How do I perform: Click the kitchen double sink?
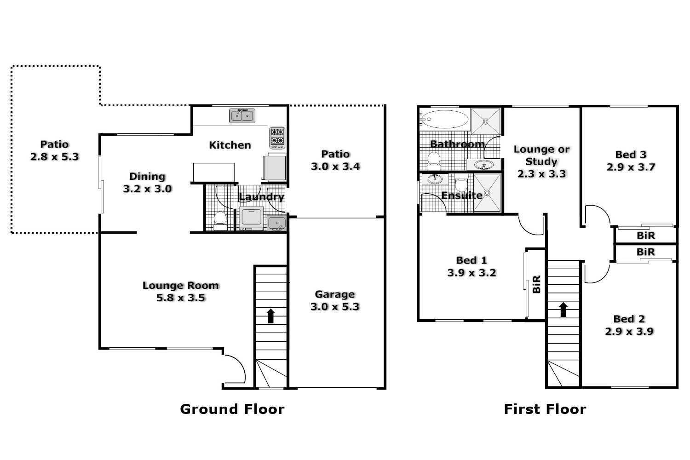pyautogui.click(x=242, y=116)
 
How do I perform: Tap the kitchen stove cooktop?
pyautogui.click(x=277, y=138)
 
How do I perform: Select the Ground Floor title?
pyautogui.click(x=232, y=409)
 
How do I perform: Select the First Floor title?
pyautogui.click(x=545, y=409)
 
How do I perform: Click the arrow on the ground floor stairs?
pyautogui.click(x=271, y=316)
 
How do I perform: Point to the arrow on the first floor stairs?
pyautogui.click(x=563, y=310)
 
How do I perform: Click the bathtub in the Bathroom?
pyautogui.click(x=444, y=119)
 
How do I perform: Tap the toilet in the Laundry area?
pyautogui.click(x=220, y=220)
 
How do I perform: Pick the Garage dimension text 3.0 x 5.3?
pyautogui.click(x=335, y=307)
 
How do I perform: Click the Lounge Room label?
pyautogui.click(x=180, y=285)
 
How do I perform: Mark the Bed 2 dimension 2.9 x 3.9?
pyautogui.click(x=629, y=331)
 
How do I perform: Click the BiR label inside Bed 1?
pyautogui.click(x=536, y=284)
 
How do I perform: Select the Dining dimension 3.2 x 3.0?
pyautogui.click(x=147, y=189)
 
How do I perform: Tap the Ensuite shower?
pyautogui.click(x=487, y=193)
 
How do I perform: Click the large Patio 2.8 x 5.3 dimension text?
pyautogui.click(x=54, y=157)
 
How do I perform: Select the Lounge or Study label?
pyautogui.click(x=541, y=155)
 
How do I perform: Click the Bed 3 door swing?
pyautogui.click(x=597, y=215)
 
